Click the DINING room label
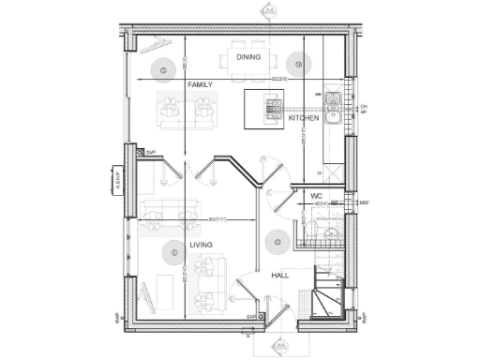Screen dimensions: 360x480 click(x=248, y=57)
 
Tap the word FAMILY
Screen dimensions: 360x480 click(x=200, y=84)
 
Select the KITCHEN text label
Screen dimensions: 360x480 click(x=304, y=119)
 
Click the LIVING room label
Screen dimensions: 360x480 click(x=202, y=245)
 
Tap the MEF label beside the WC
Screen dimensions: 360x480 click(x=366, y=202)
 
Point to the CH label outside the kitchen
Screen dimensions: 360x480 click(x=364, y=107)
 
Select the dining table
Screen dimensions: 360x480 click(x=247, y=63)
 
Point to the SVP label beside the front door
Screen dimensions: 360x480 click(x=251, y=318)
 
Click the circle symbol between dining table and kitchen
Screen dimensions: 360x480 click(x=298, y=64)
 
